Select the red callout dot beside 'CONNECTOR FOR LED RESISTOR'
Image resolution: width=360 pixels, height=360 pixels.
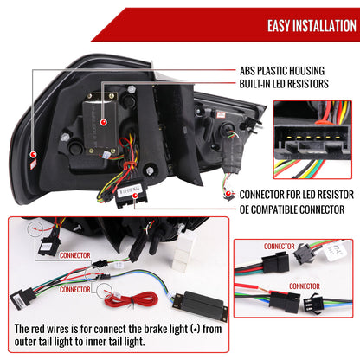coord(229,195)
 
